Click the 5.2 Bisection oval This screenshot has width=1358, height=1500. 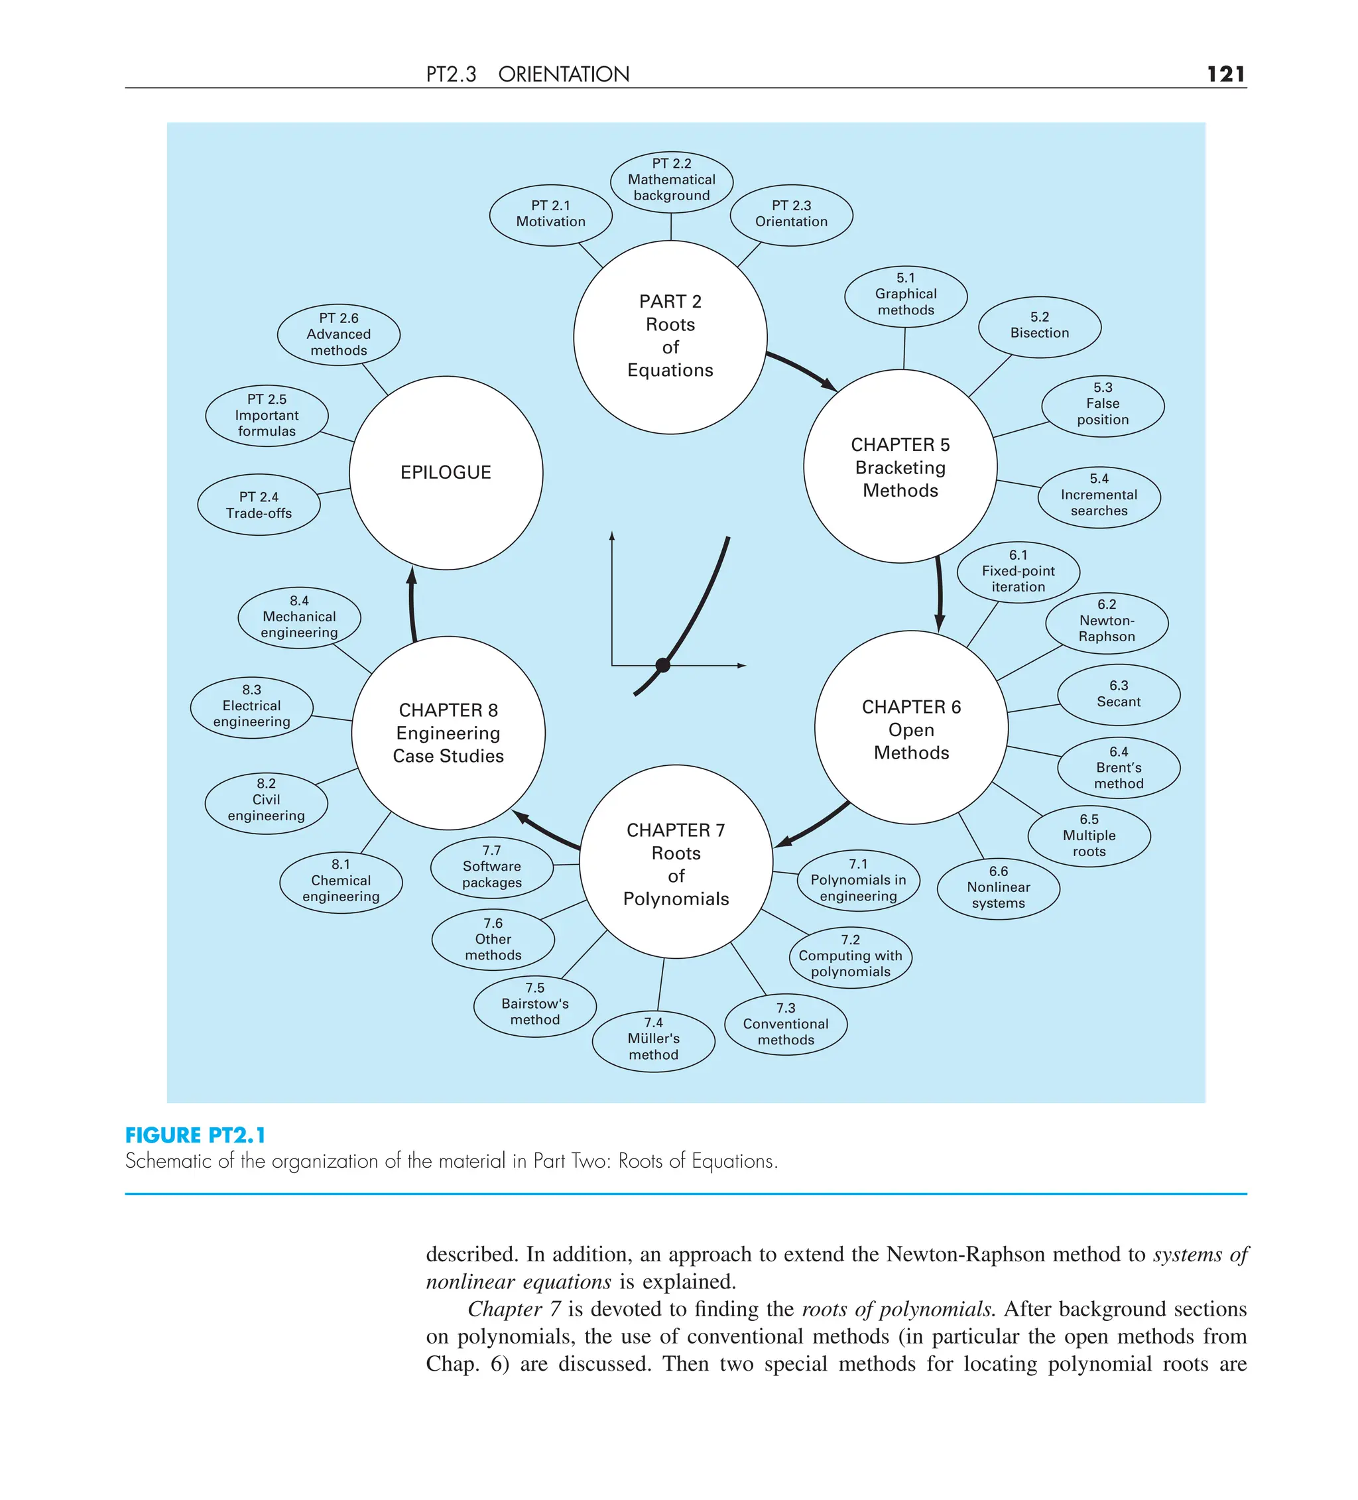tap(1039, 326)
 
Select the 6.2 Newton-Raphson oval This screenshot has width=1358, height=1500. tap(1106, 621)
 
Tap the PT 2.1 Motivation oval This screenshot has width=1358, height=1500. tap(550, 214)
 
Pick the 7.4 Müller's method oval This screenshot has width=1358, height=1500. tap(653, 1039)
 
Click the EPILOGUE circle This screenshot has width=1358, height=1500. tap(446, 472)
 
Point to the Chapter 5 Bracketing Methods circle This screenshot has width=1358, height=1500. tap(900, 467)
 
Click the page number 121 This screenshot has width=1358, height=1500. tap(1225, 74)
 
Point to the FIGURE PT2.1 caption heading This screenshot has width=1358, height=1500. tap(195, 1135)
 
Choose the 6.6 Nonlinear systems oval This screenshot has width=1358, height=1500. tap(998, 888)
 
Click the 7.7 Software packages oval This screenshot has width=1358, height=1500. tap(492, 867)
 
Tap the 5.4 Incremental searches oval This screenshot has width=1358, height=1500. tap(1098, 495)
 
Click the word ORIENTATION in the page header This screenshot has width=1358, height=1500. tap(563, 74)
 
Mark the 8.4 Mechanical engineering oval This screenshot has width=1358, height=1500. tap(299, 617)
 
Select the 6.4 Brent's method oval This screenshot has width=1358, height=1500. tap(1118, 768)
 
